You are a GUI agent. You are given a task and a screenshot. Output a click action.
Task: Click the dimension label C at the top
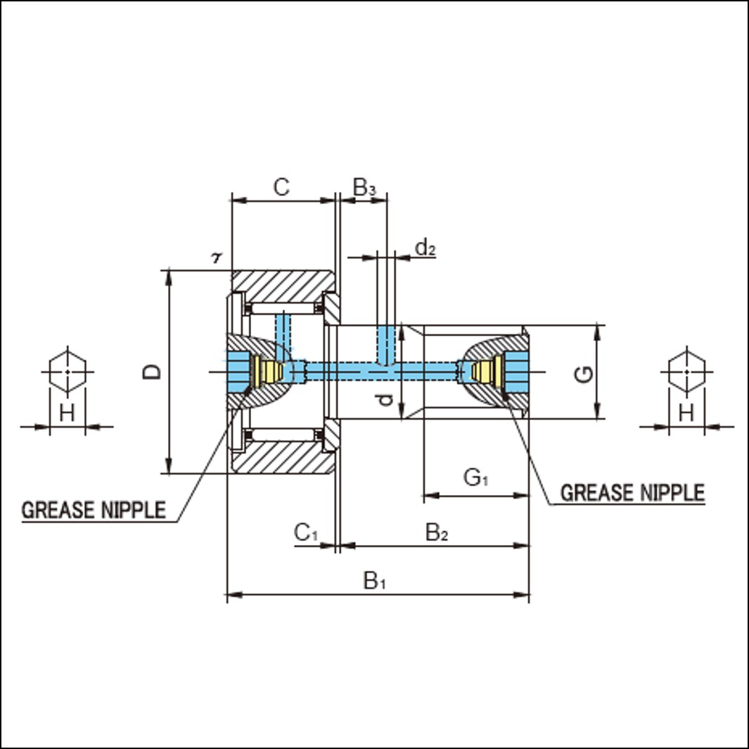pos(281,187)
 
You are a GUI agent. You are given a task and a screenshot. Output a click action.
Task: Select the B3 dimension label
pos(364,187)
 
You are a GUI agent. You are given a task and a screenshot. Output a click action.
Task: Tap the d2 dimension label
pos(425,248)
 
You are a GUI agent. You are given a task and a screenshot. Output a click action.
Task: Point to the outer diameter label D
pos(152,371)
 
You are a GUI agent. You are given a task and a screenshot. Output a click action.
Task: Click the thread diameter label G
pos(583,374)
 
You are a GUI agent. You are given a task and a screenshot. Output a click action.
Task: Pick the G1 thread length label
pos(475,478)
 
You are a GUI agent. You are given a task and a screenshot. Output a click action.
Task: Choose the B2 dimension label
pos(437,532)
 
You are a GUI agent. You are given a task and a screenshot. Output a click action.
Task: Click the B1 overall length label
pos(374,581)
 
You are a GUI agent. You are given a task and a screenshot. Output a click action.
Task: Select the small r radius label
pos(217,258)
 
